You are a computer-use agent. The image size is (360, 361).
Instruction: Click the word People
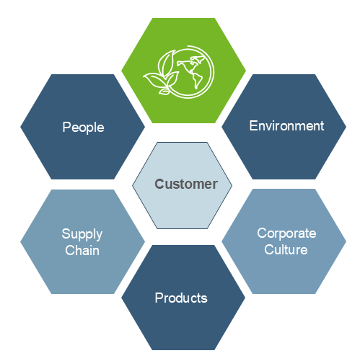pyautogui.click(x=83, y=128)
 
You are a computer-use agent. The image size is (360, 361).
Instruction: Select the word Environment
pyautogui.click(x=286, y=126)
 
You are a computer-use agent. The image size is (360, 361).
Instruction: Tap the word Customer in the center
pyautogui.click(x=186, y=184)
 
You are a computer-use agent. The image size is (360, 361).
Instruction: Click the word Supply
pyautogui.click(x=82, y=234)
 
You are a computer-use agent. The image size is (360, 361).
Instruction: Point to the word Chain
pyautogui.click(x=82, y=250)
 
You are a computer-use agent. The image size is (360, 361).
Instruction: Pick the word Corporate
pyautogui.click(x=286, y=233)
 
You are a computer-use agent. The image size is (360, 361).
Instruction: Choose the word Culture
pyautogui.click(x=286, y=249)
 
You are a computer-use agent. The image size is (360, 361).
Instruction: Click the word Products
pyautogui.click(x=181, y=298)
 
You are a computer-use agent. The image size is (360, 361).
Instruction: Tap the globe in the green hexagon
pyautogui.click(x=190, y=72)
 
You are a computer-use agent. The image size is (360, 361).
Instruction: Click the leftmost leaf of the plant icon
pyautogui.click(x=154, y=81)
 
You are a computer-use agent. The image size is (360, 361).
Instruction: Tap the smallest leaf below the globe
pyautogui.click(x=164, y=92)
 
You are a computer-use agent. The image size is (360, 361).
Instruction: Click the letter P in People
pyautogui.click(x=66, y=127)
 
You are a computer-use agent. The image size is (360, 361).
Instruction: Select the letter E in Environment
pyautogui.click(x=253, y=125)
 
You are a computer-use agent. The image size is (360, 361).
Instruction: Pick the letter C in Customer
pyautogui.click(x=159, y=184)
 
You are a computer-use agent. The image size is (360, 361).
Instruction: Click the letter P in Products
pyautogui.click(x=159, y=298)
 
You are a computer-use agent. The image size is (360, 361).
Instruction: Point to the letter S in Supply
pyautogui.click(x=66, y=233)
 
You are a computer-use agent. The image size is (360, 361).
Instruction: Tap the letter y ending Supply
pyautogui.click(x=99, y=236)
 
